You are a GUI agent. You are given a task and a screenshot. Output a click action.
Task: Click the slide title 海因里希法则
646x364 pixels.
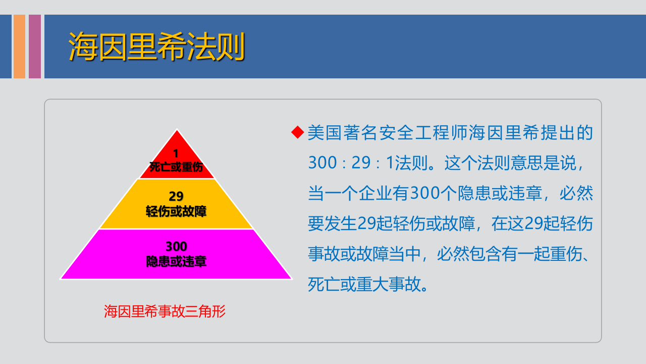(x=156, y=47)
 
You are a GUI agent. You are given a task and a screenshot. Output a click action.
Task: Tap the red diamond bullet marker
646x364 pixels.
(x=298, y=132)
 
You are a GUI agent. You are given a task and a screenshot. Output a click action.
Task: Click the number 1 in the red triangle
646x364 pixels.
(x=176, y=153)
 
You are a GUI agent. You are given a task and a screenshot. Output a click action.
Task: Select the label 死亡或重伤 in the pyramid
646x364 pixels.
(x=176, y=167)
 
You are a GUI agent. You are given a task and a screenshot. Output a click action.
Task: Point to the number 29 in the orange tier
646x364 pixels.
(x=176, y=196)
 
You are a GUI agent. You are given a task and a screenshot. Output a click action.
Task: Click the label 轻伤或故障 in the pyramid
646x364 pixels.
(x=176, y=211)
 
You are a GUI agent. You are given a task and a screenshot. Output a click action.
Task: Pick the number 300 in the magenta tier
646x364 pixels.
(x=176, y=247)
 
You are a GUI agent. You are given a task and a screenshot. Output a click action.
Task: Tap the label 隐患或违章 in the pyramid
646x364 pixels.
(x=176, y=261)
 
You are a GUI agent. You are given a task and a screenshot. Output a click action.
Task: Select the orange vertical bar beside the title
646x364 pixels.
(x=19, y=47)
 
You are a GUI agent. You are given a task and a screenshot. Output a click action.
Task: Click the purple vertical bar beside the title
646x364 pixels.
(x=35, y=47)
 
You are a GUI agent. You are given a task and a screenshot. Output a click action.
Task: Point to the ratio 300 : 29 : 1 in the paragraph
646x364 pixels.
(x=351, y=163)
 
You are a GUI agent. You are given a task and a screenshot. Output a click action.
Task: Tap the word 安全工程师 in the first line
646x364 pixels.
(x=419, y=133)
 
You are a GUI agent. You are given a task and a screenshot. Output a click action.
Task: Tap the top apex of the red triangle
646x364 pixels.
(x=177, y=131)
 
